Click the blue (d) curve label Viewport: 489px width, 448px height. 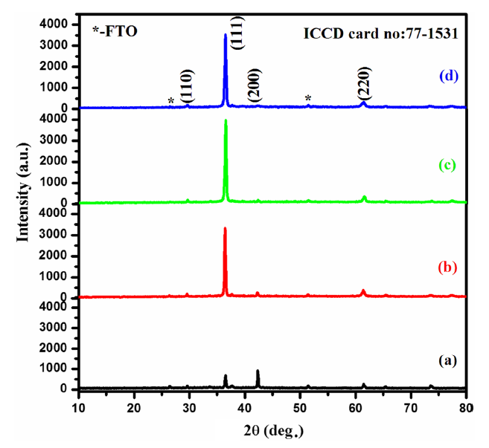[x=448, y=76]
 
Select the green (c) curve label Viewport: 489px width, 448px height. [x=448, y=164]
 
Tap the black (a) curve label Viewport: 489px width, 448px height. [x=447, y=360]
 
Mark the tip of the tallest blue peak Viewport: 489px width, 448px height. [x=226, y=34]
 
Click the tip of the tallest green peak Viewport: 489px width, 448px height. [x=226, y=120]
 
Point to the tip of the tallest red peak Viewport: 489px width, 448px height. [x=225, y=228]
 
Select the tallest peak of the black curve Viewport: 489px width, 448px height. [x=258, y=370]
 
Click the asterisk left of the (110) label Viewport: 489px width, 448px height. [x=171, y=101]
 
